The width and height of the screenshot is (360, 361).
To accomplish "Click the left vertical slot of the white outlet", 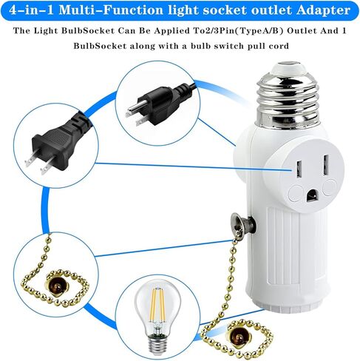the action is [x=299, y=169].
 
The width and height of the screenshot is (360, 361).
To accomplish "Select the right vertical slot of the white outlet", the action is [x=326, y=164].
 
